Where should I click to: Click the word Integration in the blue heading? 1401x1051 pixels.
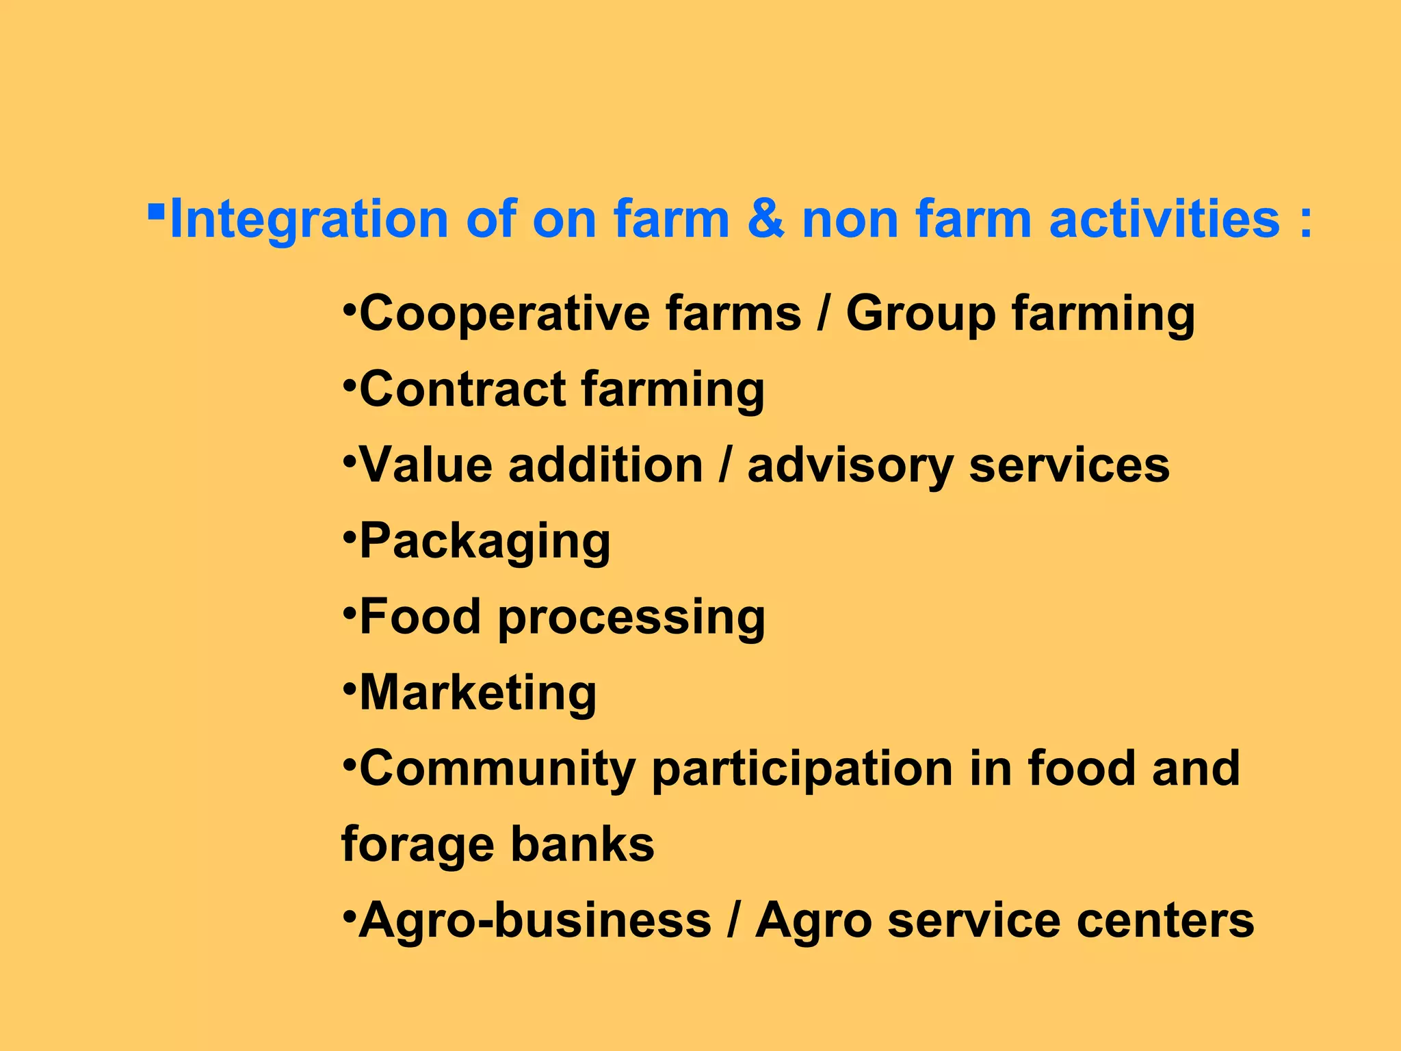(309, 220)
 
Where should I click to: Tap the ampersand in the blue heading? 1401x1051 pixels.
(765, 220)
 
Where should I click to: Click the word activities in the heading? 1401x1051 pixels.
(1164, 220)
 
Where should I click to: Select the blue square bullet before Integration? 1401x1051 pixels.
(156, 207)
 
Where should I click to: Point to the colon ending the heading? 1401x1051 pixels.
(1306, 222)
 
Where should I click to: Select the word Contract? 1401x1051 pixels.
(462, 389)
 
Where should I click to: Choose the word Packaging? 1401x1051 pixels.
(484, 542)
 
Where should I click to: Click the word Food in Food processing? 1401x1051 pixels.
(420, 617)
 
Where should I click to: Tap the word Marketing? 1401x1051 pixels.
(477, 693)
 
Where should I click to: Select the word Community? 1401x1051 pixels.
(497, 770)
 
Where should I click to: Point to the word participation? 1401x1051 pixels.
(802, 770)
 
